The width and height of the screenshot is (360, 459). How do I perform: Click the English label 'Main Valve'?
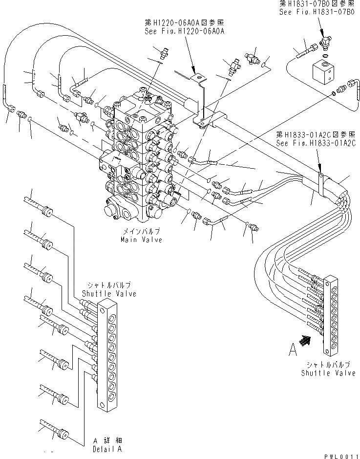pos(142,240)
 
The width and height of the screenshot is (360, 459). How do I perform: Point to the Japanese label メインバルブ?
pos(142,232)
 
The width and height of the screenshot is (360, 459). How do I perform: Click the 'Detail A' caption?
pos(107,448)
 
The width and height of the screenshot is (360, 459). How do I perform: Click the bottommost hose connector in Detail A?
pos(63,433)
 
